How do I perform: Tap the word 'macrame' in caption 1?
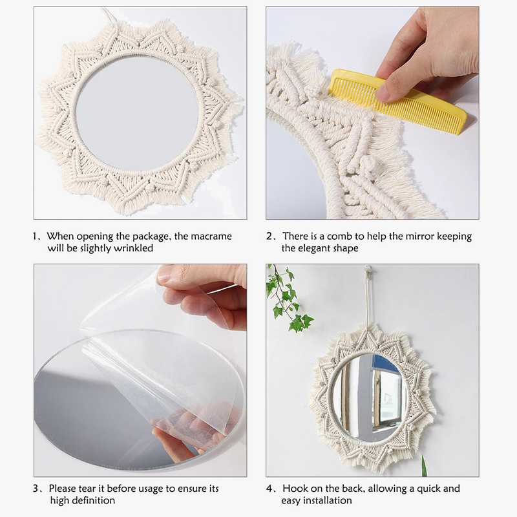[x=210, y=237]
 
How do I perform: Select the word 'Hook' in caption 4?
[x=294, y=489]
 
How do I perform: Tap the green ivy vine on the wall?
[x=288, y=297]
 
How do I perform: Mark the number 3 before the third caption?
[x=37, y=489]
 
